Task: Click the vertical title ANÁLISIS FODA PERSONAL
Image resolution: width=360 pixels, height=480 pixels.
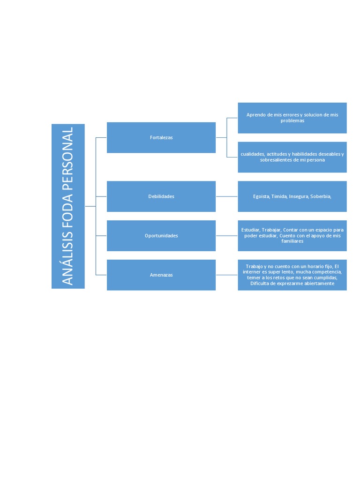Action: [68, 206]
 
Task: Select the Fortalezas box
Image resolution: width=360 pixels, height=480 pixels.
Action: [161, 137]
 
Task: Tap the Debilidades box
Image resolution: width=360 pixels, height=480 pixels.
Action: [161, 196]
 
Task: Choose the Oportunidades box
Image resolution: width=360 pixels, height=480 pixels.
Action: [161, 236]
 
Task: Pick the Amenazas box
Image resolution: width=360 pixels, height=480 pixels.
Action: [161, 275]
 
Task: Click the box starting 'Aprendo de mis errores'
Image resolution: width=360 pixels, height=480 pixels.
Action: [292, 118]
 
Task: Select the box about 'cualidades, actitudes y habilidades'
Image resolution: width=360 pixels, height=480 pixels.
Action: [292, 157]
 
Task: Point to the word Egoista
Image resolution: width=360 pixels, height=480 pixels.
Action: [261, 196]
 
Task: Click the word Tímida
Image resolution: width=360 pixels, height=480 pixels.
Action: [279, 196]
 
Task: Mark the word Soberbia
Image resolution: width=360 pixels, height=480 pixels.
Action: [321, 196]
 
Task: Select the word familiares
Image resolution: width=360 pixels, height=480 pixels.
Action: [292, 241]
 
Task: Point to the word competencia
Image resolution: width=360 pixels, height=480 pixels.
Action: [325, 272]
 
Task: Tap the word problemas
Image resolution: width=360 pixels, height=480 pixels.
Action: [292, 121]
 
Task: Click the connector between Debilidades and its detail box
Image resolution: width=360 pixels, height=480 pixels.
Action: [227, 196]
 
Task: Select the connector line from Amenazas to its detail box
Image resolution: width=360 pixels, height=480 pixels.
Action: [227, 275]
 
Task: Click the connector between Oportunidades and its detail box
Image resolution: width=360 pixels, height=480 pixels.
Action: [227, 236]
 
